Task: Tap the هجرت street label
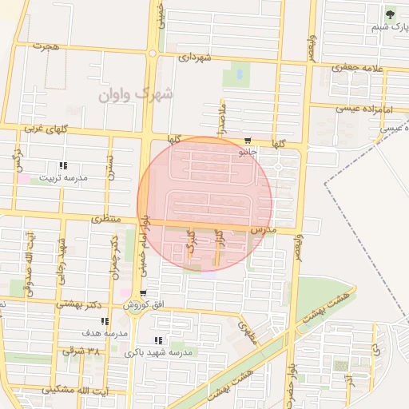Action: [x=46, y=47]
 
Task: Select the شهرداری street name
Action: [x=195, y=58]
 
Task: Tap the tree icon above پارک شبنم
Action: [x=390, y=14]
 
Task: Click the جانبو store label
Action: [x=248, y=150]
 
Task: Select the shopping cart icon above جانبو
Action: [x=248, y=139]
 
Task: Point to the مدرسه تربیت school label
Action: [x=65, y=178]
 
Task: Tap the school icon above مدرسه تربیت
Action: [x=63, y=165]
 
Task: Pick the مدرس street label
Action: [x=263, y=229]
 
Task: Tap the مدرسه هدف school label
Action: [x=105, y=332]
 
